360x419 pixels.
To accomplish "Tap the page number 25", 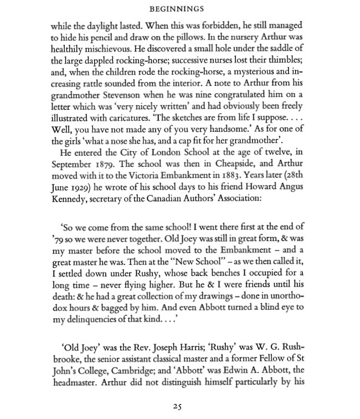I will click(177, 406).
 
